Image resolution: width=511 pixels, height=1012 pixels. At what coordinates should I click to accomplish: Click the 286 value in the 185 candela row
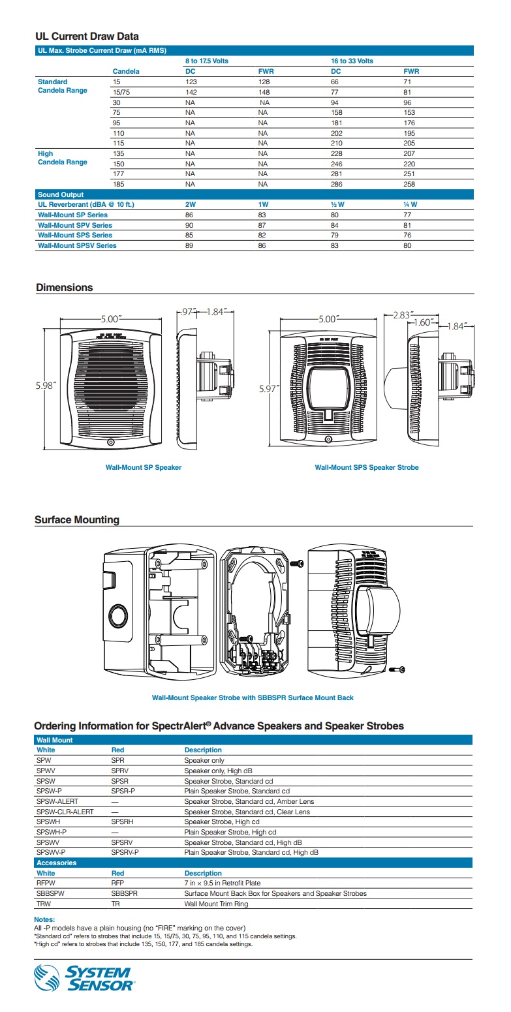337,184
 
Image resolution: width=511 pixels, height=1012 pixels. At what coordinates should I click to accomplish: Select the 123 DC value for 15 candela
191,82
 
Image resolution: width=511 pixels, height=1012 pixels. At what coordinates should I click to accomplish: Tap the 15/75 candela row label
121,92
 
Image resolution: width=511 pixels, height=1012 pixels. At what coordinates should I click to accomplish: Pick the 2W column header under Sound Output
191,204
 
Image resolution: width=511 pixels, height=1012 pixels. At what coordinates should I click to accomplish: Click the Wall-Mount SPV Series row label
75,225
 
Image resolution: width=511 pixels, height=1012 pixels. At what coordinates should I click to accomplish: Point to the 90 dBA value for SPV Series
189,225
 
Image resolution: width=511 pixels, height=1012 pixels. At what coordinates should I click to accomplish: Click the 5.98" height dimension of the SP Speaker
46,385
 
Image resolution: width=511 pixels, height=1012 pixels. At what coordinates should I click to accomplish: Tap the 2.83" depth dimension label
403,315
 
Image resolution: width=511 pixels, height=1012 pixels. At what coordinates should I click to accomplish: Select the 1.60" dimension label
424,322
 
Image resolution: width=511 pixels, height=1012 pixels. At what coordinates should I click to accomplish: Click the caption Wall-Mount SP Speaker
143,467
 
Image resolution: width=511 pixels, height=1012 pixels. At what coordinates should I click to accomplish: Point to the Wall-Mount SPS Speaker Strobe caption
366,467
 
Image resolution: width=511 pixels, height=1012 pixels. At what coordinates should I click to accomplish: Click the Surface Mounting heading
77,520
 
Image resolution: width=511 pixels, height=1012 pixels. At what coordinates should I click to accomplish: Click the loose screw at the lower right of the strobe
396,669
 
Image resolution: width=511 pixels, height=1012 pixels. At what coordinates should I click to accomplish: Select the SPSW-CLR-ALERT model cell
65,812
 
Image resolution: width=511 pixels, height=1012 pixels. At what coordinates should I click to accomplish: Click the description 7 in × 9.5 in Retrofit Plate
222,883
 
